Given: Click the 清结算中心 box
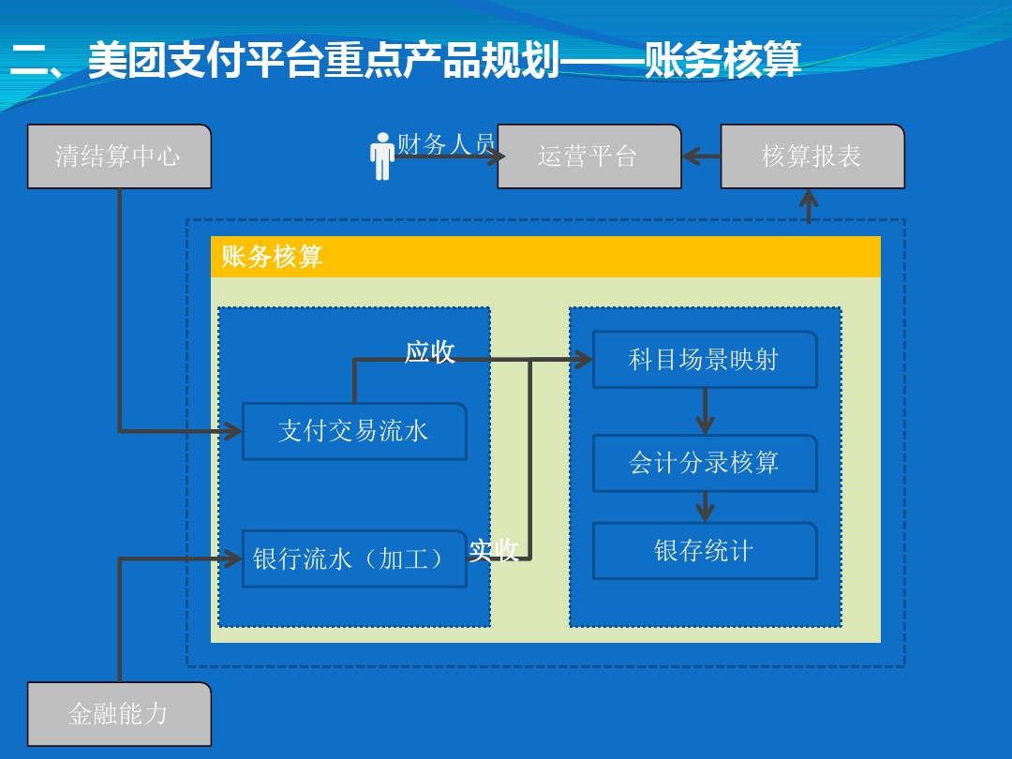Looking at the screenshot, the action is [x=119, y=156].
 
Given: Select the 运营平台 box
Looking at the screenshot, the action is [x=589, y=156].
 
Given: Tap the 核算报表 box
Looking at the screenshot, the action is [x=812, y=156].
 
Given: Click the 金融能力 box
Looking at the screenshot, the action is [x=119, y=714].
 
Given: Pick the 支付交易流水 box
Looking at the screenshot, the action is [x=354, y=431].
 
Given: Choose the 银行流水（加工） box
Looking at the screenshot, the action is [x=354, y=558].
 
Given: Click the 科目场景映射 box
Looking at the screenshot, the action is [x=705, y=360].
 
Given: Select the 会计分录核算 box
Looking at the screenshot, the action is [x=705, y=463].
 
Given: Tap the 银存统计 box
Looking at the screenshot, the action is [x=705, y=551].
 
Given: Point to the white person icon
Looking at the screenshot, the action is [x=382, y=156].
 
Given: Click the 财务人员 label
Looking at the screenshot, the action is [x=446, y=143].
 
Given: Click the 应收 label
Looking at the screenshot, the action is [x=430, y=351].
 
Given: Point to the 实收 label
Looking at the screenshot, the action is [x=494, y=550].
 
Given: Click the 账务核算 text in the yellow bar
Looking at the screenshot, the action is [x=272, y=256].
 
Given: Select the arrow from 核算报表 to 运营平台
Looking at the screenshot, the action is [x=702, y=156].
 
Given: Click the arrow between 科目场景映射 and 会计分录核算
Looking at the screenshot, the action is [x=705, y=411].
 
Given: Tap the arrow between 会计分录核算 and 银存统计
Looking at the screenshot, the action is [x=705, y=507].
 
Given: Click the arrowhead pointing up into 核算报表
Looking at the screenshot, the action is [x=809, y=197].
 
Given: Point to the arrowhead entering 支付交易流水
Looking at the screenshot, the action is [x=233, y=430].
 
